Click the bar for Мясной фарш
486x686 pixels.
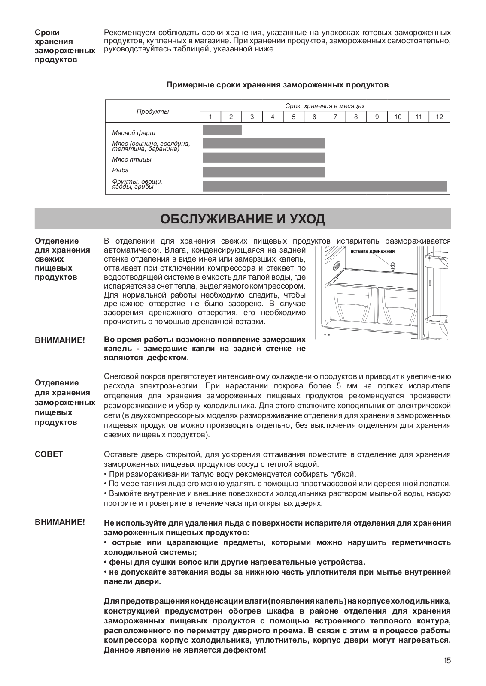(x=222, y=130)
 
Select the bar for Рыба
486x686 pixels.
(x=264, y=172)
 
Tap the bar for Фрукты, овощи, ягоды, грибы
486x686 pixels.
(x=325, y=186)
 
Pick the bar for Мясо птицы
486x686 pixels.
(x=264, y=157)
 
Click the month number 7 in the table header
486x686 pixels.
(x=335, y=117)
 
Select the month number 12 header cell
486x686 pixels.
(x=439, y=117)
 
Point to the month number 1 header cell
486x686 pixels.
(x=210, y=117)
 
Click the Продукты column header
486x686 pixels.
(x=153, y=111)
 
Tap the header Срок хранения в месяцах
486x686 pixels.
(x=325, y=106)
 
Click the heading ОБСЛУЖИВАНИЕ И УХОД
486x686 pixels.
(x=243, y=219)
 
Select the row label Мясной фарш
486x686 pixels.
(x=134, y=133)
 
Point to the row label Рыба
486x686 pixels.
(x=120, y=170)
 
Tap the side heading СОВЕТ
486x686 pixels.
(x=49, y=454)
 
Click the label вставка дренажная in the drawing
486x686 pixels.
(x=372, y=251)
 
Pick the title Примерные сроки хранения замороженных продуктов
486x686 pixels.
(x=277, y=85)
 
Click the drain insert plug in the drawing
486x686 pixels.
(x=392, y=266)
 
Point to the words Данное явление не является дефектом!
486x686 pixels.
(x=185, y=650)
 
